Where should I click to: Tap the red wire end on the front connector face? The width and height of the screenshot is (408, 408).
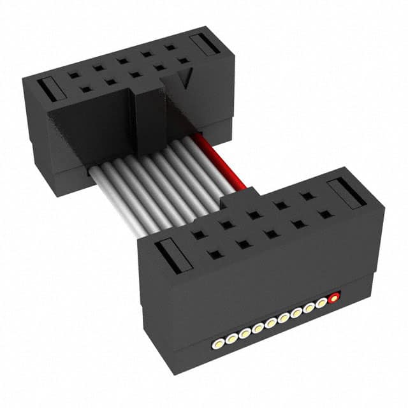(333, 298)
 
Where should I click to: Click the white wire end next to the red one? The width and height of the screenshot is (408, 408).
(321, 303)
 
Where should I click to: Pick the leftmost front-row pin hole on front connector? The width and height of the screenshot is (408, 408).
(215, 255)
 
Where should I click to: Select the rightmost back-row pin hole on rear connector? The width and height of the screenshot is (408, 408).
(170, 48)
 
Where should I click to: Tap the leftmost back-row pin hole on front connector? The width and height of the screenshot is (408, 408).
(199, 235)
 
